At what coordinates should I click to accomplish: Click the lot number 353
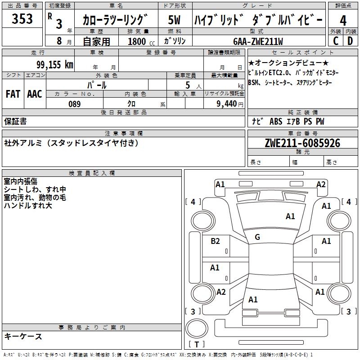click(22, 18)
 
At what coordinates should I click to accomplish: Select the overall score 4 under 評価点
click(343, 21)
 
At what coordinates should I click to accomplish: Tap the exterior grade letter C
click(336, 41)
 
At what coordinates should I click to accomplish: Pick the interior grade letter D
click(350, 41)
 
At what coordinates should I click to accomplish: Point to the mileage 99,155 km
click(55, 64)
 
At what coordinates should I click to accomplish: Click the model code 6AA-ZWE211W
click(258, 41)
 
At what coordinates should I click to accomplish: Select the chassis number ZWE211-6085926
click(302, 143)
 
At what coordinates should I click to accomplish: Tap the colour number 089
click(75, 104)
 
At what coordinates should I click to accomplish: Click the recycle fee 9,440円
click(230, 104)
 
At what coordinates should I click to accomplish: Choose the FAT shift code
click(13, 94)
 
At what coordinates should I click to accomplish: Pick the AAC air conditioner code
click(35, 94)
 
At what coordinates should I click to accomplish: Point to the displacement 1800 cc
click(141, 41)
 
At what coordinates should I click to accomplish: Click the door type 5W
click(174, 20)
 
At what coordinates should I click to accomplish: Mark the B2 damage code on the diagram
click(215, 241)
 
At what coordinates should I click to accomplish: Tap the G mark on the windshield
click(257, 237)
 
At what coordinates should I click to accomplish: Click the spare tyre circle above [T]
click(197, 328)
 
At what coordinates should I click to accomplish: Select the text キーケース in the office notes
click(23, 336)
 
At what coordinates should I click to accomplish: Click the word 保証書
click(15, 121)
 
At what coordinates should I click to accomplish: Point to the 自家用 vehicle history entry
click(96, 41)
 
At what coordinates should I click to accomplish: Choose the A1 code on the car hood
click(290, 216)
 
